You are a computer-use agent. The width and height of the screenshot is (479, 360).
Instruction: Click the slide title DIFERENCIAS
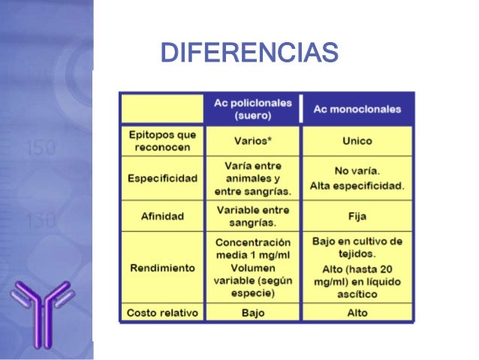point(249,53)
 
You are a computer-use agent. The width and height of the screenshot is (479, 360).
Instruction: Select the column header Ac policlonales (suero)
point(253,110)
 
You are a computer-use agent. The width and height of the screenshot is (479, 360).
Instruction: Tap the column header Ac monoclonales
point(357,109)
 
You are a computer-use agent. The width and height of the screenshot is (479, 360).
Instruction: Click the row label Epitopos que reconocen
point(161,141)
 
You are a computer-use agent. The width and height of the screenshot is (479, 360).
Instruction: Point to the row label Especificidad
point(161,178)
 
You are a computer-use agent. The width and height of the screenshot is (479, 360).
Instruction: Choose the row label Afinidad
point(161,216)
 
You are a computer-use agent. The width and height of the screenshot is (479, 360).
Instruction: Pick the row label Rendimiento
point(161,268)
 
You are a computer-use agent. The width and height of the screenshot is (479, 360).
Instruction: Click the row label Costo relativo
point(161,312)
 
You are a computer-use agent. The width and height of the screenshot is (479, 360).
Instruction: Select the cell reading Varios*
point(253,141)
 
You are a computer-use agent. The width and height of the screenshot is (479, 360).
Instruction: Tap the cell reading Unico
point(357,141)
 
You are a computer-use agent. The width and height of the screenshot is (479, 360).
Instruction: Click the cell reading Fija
point(357,216)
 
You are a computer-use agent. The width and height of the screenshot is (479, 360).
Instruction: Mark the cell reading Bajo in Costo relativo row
point(253,312)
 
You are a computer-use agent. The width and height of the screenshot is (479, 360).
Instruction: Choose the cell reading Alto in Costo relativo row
point(357,312)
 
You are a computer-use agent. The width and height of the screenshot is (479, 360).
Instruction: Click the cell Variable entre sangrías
point(253,216)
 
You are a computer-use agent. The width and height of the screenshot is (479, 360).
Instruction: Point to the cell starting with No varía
point(357,178)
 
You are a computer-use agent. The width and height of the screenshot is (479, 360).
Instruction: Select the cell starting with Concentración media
point(253,268)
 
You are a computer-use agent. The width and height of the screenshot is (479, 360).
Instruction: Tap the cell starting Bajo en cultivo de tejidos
point(357,268)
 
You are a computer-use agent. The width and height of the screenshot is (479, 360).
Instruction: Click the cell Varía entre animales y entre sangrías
point(253,178)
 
